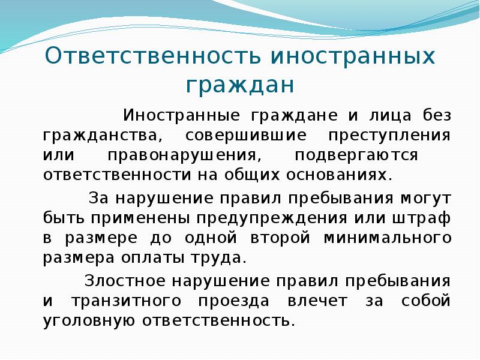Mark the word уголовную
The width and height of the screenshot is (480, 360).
88,321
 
